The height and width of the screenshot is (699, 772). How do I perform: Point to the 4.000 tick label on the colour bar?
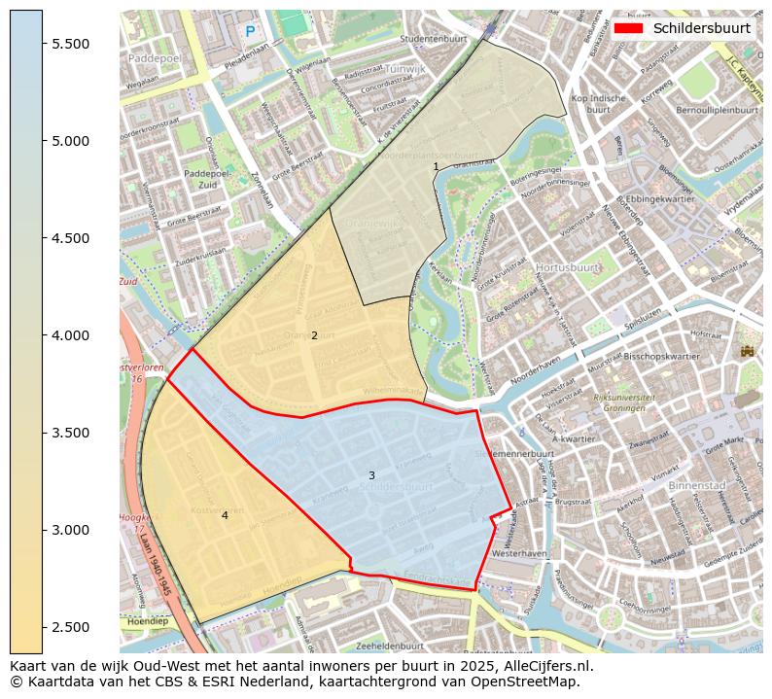(69, 335)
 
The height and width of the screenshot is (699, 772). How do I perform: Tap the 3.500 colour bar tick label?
(69, 433)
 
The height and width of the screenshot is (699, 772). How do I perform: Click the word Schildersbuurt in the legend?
(701, 28)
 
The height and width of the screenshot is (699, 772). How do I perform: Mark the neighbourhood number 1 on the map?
(436, 167)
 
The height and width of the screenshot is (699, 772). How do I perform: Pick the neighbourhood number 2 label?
(314, 335)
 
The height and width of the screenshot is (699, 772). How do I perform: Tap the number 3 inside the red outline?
(371, 475)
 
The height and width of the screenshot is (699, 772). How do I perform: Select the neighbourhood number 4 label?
(225, 515)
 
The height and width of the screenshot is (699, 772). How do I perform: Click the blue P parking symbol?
(250, 32)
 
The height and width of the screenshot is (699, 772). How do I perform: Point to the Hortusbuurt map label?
(567, 266)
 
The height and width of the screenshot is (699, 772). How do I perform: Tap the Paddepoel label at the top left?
(155, 58)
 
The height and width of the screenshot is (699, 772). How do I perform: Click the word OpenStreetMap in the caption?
(532, 682)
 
